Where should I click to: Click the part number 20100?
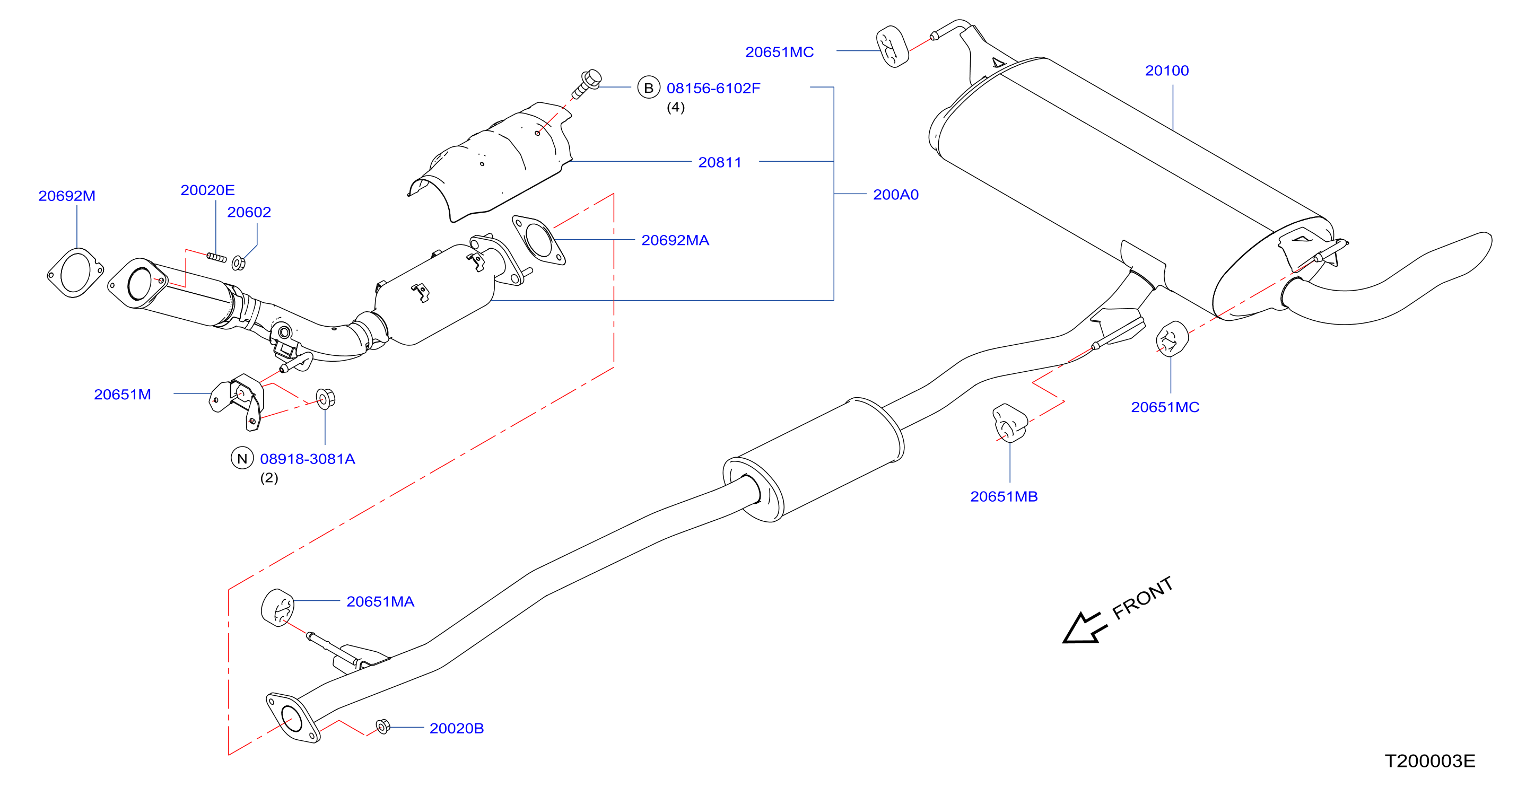tap(1166, 71)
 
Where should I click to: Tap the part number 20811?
tap(720, 162)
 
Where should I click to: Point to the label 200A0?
tap(896, 194)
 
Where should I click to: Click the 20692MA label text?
tap(675, 240)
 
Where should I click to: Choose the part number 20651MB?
tap(1004, 496)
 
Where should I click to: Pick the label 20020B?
tap(457, 728)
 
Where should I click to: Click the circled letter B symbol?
tap(648, 88)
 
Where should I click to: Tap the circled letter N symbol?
tap(242, 458)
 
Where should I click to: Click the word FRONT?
tap(1142, 598)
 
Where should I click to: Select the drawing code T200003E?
tap(1429, 761)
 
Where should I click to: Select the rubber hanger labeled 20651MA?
tap(278, 608)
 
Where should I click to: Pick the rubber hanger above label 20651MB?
tap(1009, 423)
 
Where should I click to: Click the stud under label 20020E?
tap(216, 257)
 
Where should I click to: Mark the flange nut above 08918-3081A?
tap(325, 399)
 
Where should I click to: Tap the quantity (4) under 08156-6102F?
tap(675, 107)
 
